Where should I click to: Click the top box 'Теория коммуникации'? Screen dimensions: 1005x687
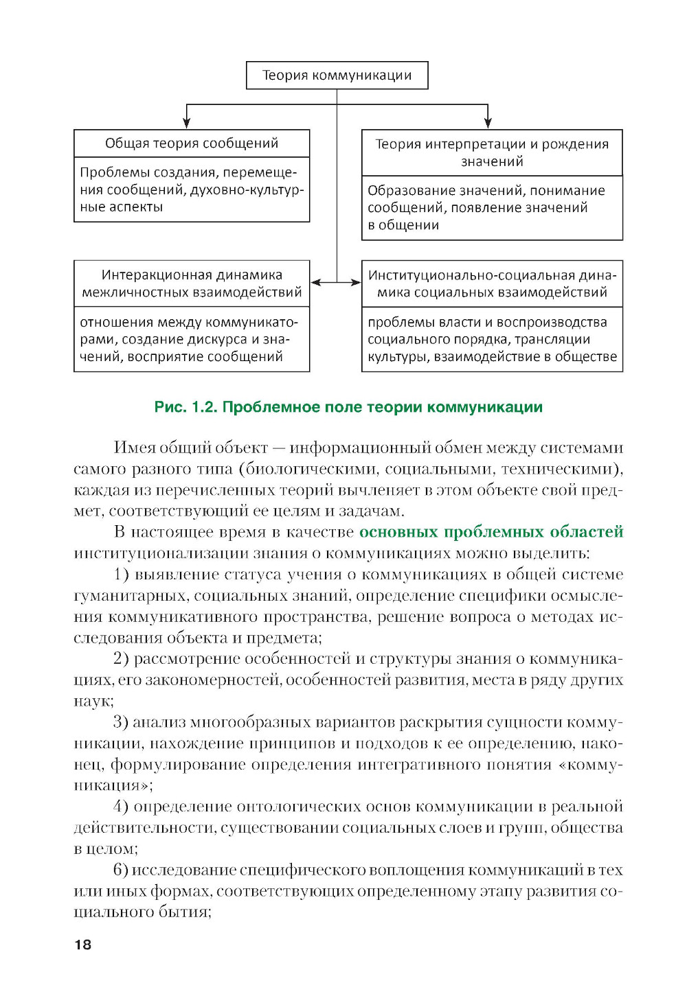[337, 76]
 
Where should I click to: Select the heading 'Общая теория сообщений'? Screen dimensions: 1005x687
[192, 143]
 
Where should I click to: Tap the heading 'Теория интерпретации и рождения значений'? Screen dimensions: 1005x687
[492, 152]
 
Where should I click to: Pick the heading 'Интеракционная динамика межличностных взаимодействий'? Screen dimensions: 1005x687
[192, 284]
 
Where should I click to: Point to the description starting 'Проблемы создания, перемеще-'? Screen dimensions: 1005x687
[192, 189]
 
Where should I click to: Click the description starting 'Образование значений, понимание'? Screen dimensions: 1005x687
[492, 207]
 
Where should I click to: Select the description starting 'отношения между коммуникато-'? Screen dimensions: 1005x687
[192, 339]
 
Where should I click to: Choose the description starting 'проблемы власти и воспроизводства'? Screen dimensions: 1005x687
[492, 339]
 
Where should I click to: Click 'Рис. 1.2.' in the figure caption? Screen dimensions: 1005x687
[185, 407]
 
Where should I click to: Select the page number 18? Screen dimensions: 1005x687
[82, 945]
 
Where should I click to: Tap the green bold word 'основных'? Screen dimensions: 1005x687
[398, 532]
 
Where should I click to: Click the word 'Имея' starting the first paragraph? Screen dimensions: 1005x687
[135, 448]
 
